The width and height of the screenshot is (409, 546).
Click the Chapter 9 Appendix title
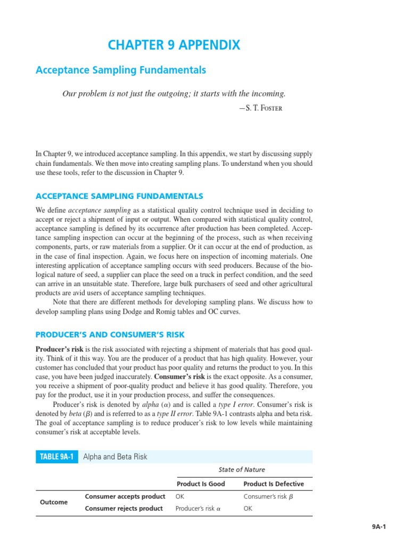coord(174,45)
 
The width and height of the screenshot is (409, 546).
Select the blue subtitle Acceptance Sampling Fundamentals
coord(120,70)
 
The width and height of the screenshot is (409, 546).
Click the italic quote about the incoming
coord(174,94)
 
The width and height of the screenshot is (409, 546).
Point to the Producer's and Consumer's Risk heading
coord(110,335)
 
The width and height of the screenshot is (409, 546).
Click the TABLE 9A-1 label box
coord(57,457)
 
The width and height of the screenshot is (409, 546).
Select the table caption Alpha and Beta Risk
coord(116,457)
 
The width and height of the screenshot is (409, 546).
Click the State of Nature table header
coord(242,470)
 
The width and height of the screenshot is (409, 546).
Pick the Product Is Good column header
coord(201,484)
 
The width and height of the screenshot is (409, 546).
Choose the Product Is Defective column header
coord(274,484)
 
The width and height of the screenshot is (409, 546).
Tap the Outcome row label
coord(54,502)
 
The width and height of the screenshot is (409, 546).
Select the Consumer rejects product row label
coord(124,509)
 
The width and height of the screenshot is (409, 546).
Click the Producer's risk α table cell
coord(198,509)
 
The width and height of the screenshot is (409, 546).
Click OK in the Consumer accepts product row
coord(180,497)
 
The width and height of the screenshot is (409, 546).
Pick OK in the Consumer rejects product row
coord(248,509)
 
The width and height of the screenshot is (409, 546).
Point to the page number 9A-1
coord(379,527)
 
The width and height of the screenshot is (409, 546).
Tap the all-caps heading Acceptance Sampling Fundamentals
coord(119,196)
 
